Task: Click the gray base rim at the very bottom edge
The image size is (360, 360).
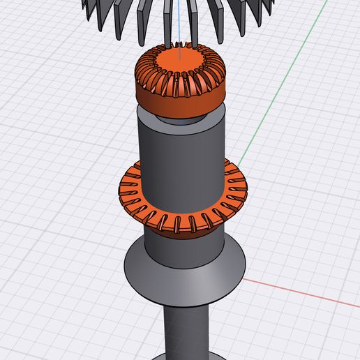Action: tap(185, 357)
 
